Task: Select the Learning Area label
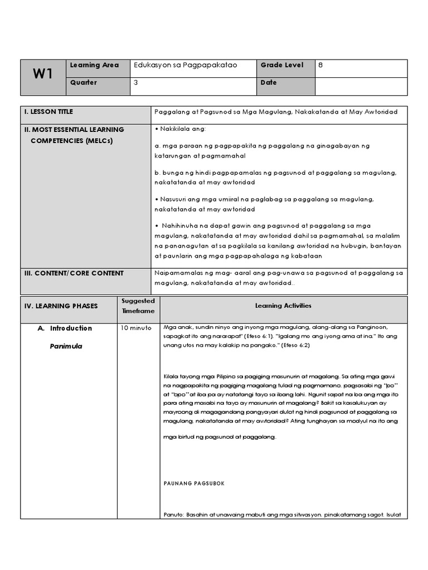point(94,65)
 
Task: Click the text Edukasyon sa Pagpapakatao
point(186,65)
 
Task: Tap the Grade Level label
point(282,65)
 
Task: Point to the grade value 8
point(320,65)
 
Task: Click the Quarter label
point(84,82)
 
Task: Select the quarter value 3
point(136,82)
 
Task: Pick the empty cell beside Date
point(361,86)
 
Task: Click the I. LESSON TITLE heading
point(48,112)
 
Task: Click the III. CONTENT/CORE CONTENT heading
point(74,273)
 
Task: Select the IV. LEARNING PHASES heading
point(61,306)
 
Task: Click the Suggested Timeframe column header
point(138,306)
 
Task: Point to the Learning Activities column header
point(283,306)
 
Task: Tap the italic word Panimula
point(66,346)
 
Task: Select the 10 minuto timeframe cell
point(136,328)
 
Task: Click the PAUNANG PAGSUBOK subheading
point(194,483)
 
